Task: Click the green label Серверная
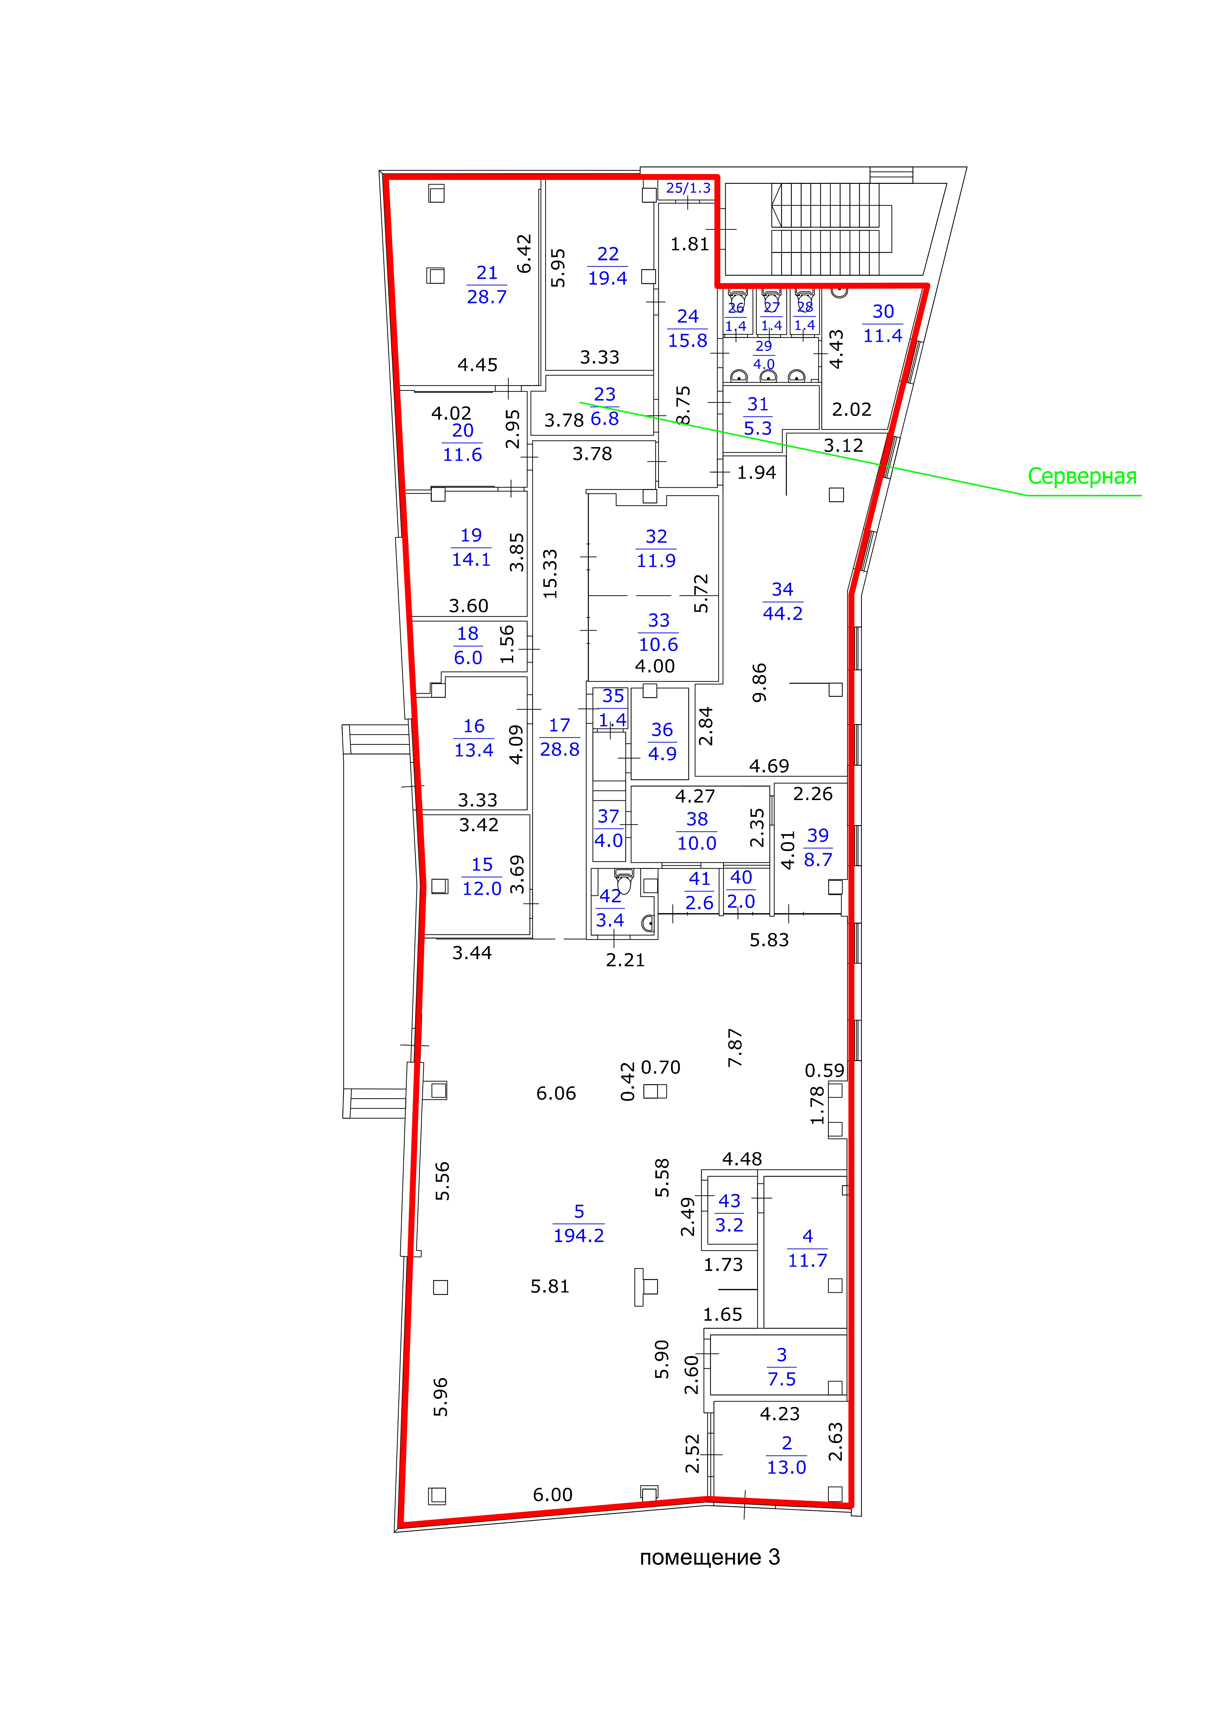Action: point(1082,477)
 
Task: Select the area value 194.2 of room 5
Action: point(578,1235)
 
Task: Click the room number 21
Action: point(487,273)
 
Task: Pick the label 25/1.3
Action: point(688,188)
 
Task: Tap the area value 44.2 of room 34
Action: point(782,614)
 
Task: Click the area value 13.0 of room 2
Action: point(786,1468)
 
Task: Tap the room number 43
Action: point(729,1201)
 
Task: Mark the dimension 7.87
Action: point(735,1048)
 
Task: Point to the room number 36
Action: point(661,730)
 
